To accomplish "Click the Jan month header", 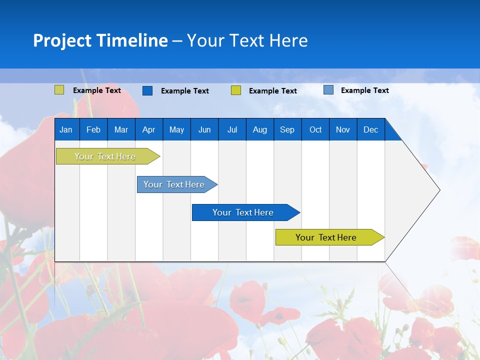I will (66, 129).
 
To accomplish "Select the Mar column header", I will (121, 129).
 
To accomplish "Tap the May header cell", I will (176, 129).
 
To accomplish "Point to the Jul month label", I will (232, 129).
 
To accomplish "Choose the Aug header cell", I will (259, 129).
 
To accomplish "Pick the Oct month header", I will (315, 129).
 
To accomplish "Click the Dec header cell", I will (370, 129).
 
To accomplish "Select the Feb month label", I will (93, 129).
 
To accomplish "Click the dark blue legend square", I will (147, 90).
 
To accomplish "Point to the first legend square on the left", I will (59, 90).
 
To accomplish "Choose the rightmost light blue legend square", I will (328, 90).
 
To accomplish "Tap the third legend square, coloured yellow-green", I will (236, 90).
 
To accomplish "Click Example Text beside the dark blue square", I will (184, 91).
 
